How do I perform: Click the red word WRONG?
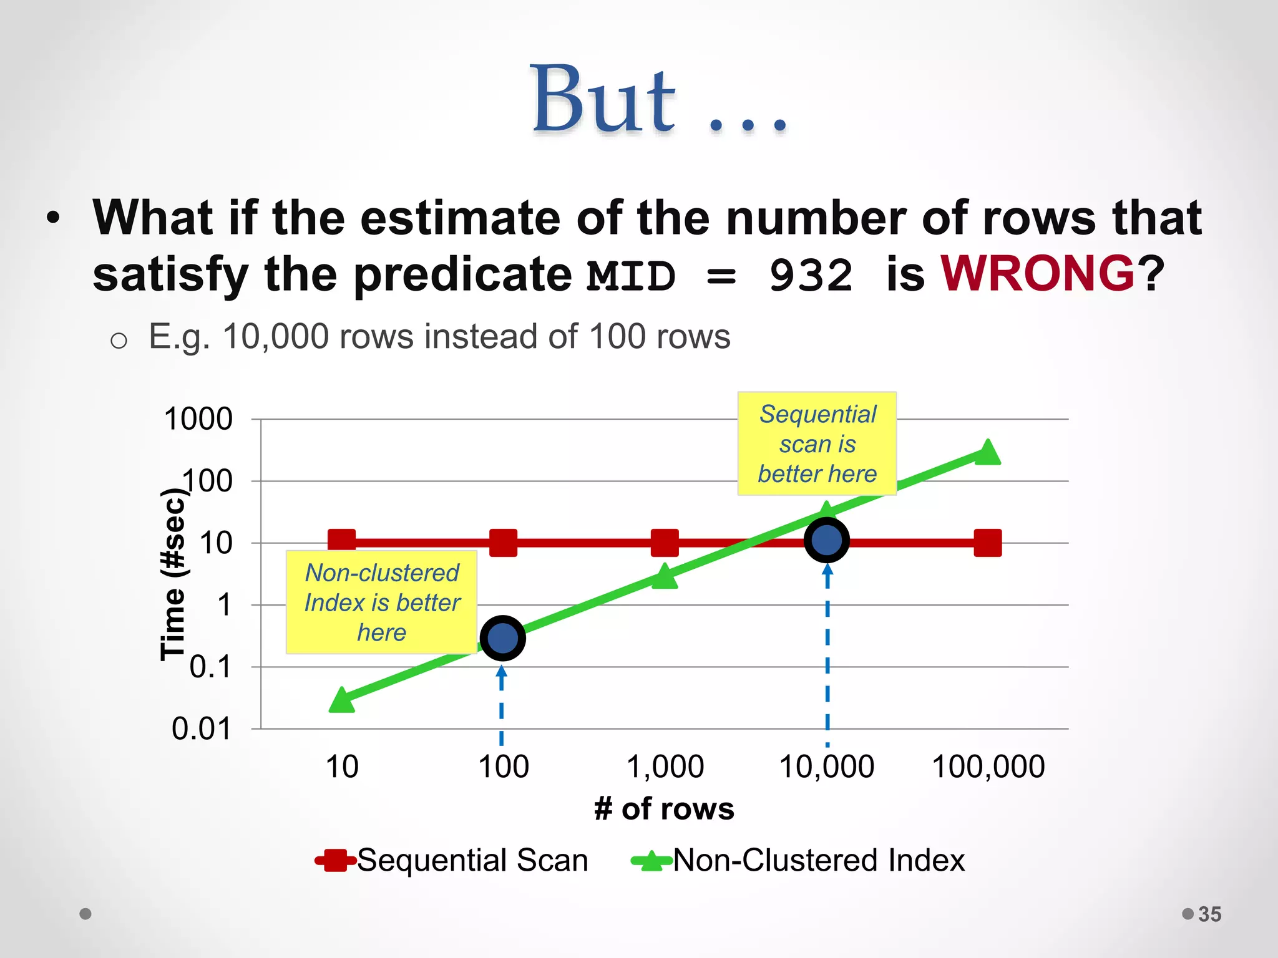pyautogui.click(x=1037, y=274)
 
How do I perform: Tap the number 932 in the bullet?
pyautogui.click(x=811, y=275)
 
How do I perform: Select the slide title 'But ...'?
pyautogui.click(x=658, y=100)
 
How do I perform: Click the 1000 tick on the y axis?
pyautogui.click(x=198, y=419)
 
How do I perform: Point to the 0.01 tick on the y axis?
pyautogui.click(x=202, y=728)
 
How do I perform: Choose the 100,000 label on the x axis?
pyautogui.click(x=988, y=767)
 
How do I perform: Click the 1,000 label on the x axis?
pyautogui.click(x=665, y=767)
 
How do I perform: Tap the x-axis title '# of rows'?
pyautogui.click(x=664, y=809)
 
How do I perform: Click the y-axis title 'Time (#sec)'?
pyautogui.click(x=173, y=574)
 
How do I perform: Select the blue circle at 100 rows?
pyautogui.click(x=502, y=638)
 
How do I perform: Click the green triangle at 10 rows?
pyautogui.click(x=341, y=700)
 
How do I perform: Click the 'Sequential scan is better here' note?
pyautogui.click(x=817, y=443)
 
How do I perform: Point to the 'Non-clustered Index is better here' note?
pyautogui.click(x=381, y=602)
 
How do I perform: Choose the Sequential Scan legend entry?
pyautogui.click(x=452, y=861)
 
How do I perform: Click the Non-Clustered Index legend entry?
pyautogui.click(x=798, y=861)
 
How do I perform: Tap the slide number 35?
pyautogui.click(x=1209, y=914)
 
